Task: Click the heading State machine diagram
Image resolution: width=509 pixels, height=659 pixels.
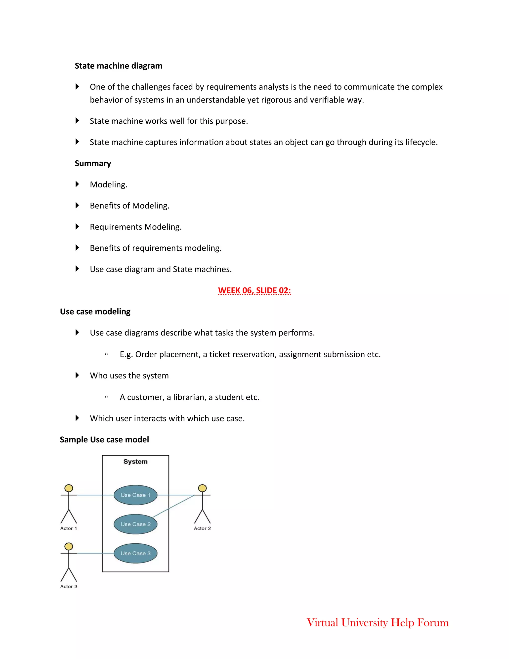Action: point(119,66)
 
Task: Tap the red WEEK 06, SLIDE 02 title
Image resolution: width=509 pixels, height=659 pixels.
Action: point(254,290)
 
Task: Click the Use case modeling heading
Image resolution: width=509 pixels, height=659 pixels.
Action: point(95,311)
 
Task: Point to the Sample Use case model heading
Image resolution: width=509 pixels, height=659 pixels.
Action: point(104,440)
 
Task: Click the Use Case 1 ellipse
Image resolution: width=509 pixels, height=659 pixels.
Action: point(135,495)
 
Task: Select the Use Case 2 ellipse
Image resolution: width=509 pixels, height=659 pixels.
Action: point(135,524)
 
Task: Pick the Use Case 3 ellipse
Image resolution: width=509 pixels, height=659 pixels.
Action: point(135,553)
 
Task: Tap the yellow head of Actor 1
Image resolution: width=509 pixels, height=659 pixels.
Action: point(69,488)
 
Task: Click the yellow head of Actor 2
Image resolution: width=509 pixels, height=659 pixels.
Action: point(202,488)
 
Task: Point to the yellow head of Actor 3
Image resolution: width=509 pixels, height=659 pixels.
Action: point(69,546)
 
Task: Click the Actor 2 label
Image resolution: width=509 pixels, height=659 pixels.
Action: point(202,528)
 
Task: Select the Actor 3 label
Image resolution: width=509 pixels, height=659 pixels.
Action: point(69,587)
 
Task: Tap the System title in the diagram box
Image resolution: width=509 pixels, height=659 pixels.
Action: point(135,462)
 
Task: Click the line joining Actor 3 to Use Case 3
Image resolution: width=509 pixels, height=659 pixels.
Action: point(95,553)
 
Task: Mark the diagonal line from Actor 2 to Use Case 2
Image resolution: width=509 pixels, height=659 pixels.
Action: point(173,506)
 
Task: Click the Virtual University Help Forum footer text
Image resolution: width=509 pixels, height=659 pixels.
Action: point(378,622)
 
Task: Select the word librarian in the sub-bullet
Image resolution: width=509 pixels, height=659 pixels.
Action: point(190,397)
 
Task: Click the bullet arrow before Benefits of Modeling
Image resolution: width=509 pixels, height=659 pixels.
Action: point(77,205)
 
